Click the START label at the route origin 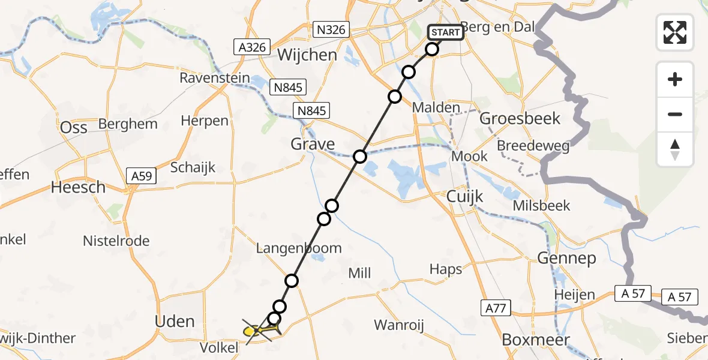click(x=446, y=32)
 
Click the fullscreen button click(x=675, y=32)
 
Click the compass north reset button click(x=675, y=149)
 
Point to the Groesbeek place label click(x=520, y=118)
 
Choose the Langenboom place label click(x=298, y=248)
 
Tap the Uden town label click(x=175, y=321)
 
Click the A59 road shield click(x=143, y=176)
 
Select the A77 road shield click(x=494, y=308)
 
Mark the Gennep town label click(x=566, y=259)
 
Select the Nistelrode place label click(x=116, y=241)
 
